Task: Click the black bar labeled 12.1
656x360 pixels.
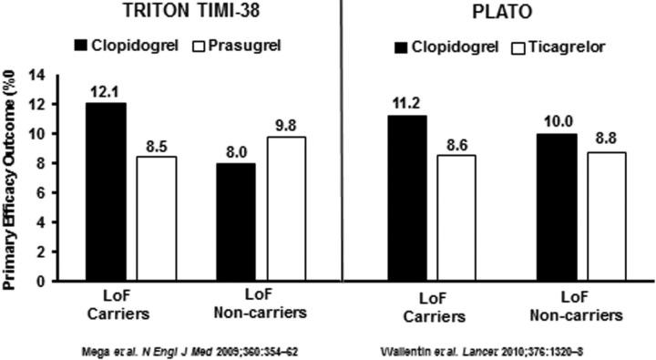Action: click(x=106, y=191)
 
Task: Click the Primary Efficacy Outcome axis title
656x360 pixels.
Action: click(x=13, y=178)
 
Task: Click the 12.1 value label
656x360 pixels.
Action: click(x=106, y=93)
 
